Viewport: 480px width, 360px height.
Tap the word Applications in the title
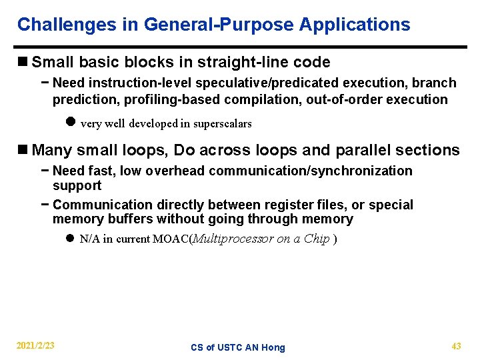point(355,25)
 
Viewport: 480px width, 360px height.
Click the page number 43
point(456,345)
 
